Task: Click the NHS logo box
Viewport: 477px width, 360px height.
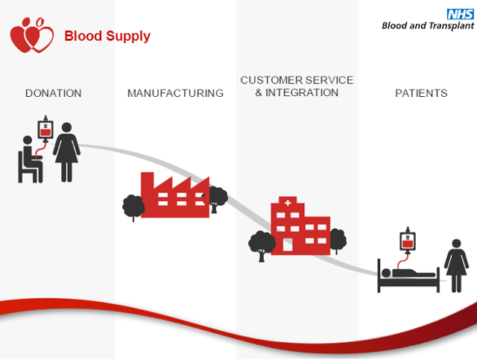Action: (461, 14)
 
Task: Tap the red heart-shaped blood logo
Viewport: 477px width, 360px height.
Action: (32, 35)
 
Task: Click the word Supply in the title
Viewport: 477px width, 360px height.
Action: (128, 37)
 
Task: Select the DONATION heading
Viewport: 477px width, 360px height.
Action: (53, 93)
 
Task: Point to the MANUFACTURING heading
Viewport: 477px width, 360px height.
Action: (175, 93)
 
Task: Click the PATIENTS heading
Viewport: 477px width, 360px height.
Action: (421, 93)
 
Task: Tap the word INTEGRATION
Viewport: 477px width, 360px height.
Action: (302, 92)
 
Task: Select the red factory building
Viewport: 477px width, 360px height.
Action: (175, 195)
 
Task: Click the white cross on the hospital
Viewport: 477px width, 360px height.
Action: (288, 203)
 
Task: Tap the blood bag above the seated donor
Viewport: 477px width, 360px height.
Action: (45, 129)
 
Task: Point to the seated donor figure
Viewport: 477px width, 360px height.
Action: (30, 160)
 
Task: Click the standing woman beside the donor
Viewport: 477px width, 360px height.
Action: (66, 153)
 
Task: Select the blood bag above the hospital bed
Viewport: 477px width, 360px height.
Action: (408, 241)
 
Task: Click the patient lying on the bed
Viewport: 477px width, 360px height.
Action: (408, 273)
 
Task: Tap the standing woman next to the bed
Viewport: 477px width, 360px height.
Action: (456, 265)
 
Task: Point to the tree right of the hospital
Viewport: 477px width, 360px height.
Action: (338, 241)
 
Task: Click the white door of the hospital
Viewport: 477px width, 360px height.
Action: (288, 244)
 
